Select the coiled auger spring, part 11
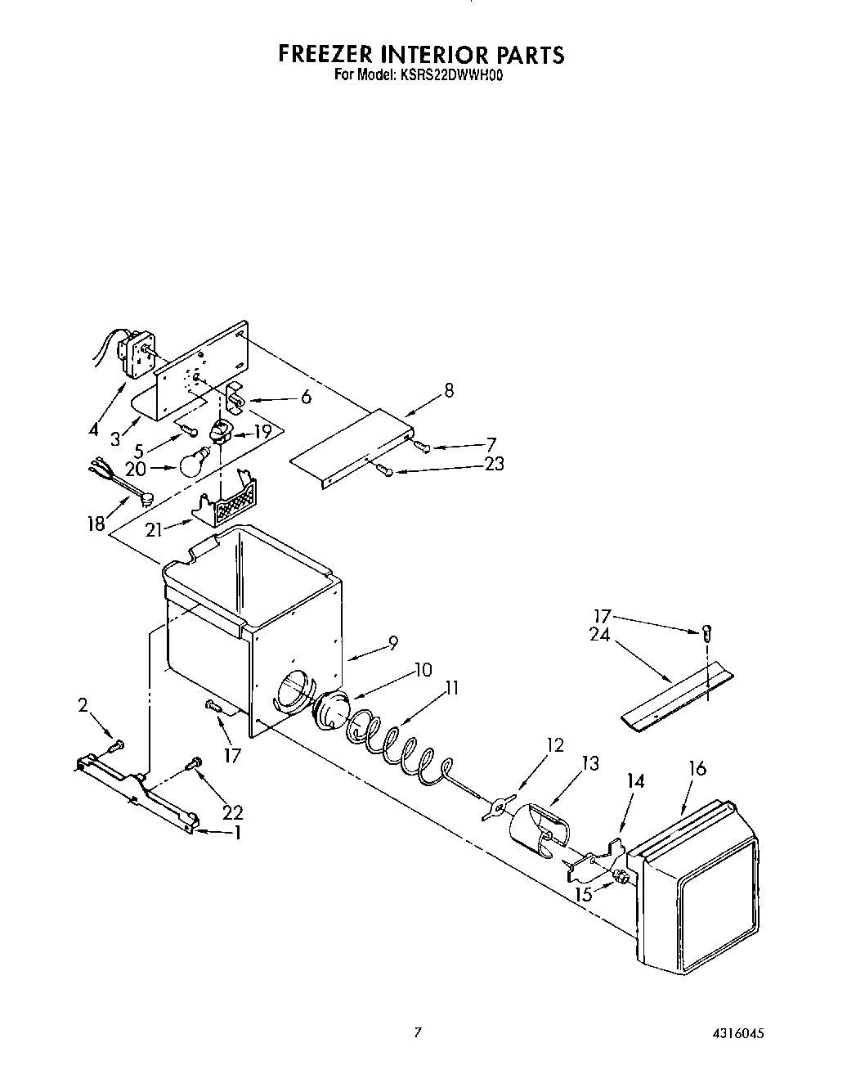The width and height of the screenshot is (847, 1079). click(392, 740)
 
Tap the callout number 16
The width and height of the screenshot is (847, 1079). click(697, 768)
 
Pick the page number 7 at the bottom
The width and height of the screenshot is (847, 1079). click(418, 1033)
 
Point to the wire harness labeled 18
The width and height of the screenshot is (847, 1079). click(119, 492)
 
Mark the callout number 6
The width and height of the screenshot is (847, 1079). click(306, 397)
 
